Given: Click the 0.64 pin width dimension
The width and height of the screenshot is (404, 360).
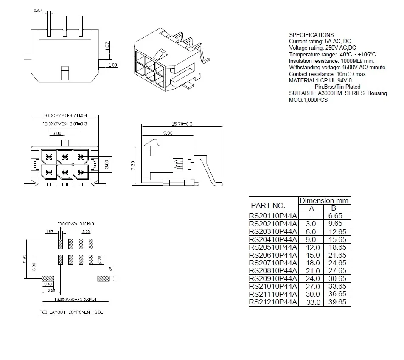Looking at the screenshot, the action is coord(39,11).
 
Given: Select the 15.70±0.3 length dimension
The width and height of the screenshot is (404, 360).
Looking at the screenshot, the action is coord(182,124).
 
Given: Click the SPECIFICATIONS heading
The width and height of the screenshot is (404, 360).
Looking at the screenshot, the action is coord(311,35).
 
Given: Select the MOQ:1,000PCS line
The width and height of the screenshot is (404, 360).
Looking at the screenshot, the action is coord(308,100).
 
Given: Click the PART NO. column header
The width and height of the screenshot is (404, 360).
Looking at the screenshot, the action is coord(268,205).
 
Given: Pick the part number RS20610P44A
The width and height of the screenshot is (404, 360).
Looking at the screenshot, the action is coord(273,255).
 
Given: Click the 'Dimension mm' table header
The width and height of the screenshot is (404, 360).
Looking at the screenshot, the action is coord(324,200).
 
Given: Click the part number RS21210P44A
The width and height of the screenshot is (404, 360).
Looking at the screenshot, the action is coord(273,302).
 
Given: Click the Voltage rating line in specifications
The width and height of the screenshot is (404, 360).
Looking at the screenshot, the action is coord(323,48).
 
